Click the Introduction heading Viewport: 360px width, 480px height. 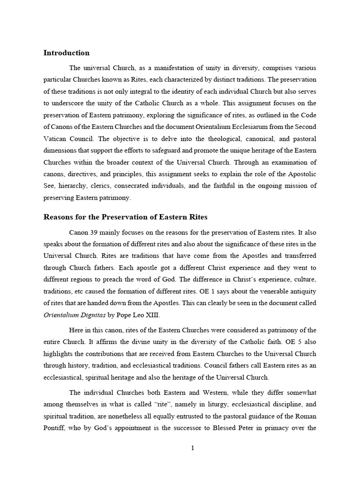[x=66, y=52]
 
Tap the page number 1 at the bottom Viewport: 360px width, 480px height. [x=192, y=448]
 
